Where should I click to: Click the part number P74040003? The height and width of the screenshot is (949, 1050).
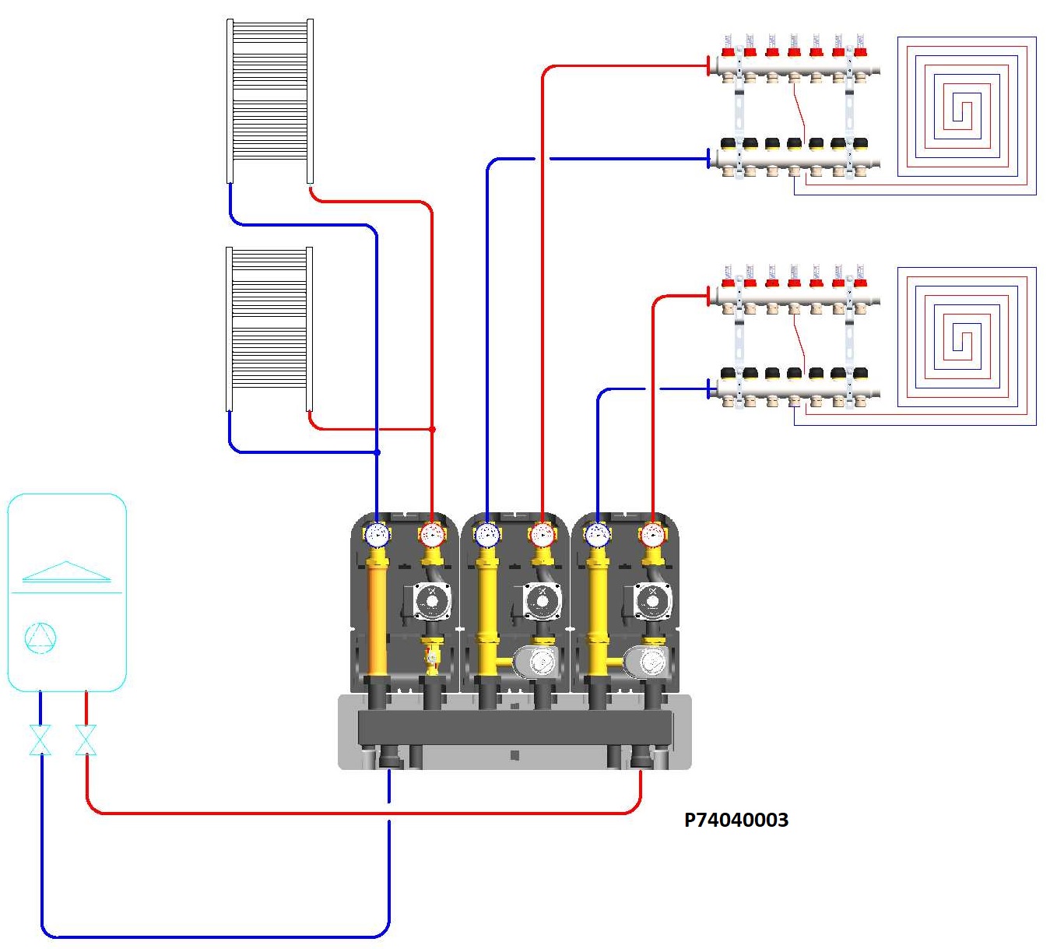[x=736, y=820]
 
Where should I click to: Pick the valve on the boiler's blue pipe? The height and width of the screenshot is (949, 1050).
[x=40, y=740]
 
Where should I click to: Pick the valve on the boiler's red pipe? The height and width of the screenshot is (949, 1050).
[x=86, y=740]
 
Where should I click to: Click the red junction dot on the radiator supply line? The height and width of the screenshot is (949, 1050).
[x=432, y=429]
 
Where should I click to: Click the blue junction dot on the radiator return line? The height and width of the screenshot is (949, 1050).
[x=377, y=452]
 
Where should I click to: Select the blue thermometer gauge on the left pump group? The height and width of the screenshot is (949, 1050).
[x=377, y=535]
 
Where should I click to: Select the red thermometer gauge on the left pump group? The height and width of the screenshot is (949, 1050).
[x=431, y=535]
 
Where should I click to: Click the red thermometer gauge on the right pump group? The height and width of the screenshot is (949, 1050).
[x=652, y=535]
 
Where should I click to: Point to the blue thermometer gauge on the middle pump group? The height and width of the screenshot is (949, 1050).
[x=487, y=535]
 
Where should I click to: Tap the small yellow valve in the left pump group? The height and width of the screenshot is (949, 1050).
[x=432, y=657]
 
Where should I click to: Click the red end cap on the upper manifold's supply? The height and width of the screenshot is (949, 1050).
[x=708, y=66]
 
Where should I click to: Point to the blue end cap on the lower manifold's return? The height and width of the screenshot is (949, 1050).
[x=708, y=389]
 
